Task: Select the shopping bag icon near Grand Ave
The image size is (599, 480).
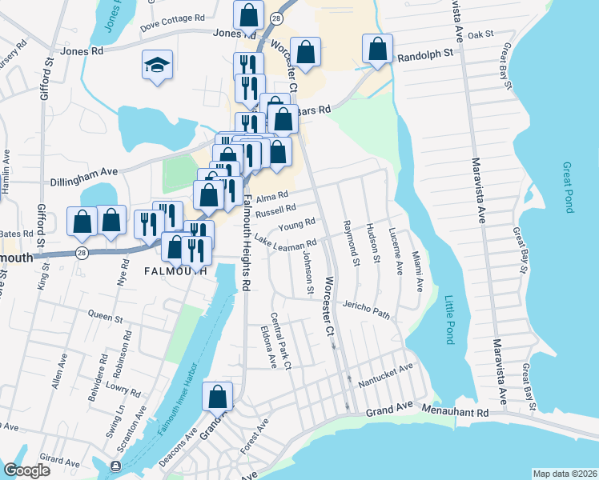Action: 218,396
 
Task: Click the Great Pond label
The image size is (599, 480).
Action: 569,188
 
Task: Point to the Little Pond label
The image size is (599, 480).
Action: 448,320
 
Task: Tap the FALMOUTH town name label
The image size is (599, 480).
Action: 169,271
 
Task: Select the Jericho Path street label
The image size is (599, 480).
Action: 366,310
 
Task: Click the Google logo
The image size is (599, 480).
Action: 26,470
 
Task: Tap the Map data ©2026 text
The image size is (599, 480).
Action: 565,474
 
